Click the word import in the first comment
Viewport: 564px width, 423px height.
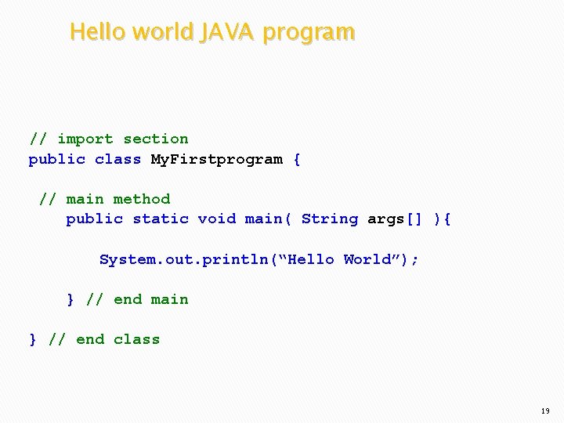coord(85,139)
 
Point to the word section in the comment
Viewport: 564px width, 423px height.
coord(156,139)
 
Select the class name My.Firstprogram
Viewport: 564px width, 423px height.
coord(216,160)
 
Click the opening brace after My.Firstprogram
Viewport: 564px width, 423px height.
coord(296,160)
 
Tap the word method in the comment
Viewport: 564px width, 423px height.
coord(142,199)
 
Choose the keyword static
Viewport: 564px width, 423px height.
coord(161,219)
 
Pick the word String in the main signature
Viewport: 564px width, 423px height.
coord(330,219)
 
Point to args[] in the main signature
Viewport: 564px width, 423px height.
coord(396,219)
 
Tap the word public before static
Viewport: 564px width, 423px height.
coord(94,219)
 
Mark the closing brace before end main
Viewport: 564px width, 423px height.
coord(70,299)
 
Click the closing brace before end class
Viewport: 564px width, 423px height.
coord(33,339)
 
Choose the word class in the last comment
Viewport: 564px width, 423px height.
coord(136,339)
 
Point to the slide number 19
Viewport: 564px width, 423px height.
coord(545,411)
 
